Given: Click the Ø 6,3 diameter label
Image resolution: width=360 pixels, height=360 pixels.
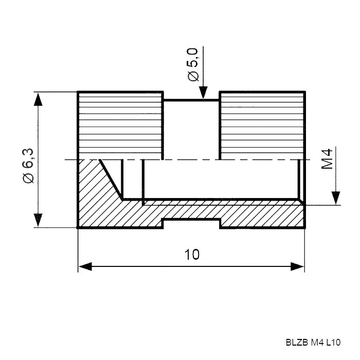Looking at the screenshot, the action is pos(28,166).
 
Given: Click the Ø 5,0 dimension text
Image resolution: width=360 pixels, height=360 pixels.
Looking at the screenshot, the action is pos(193,64).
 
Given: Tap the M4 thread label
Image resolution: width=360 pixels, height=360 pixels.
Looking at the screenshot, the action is pos(327,159).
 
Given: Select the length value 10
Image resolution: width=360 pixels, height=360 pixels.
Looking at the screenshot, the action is pos(192,255).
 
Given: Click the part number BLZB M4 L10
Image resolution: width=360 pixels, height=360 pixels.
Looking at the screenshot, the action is pos(313,343).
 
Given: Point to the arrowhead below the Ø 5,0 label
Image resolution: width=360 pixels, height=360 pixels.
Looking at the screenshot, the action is pos(203,93).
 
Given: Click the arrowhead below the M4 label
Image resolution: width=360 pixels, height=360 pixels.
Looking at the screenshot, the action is pos(336,198).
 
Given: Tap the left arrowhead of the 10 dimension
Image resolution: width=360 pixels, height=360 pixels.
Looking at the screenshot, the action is pos(85,266).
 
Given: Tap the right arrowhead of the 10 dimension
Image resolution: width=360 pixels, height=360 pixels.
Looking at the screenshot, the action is pos(298,266).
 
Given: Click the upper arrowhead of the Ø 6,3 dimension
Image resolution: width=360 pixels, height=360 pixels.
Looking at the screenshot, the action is pos(38,99).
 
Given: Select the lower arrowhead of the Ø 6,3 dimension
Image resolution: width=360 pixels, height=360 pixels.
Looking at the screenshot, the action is pos(38,220).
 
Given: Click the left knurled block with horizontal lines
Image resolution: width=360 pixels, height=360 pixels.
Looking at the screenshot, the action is pos(120,125).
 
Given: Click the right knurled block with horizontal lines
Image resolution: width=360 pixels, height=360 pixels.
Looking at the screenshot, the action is pos(262,125).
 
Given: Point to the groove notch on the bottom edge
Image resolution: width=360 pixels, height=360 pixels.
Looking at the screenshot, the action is pos(191,224).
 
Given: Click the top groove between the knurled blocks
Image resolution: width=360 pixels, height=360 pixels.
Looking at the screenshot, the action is pos(191,96).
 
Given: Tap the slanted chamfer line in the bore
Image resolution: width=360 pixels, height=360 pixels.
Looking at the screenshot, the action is pos(111,179).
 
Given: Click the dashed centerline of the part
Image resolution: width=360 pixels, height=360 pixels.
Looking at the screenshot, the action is pos(188,159).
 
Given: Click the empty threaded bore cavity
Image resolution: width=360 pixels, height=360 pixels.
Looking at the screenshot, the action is pos(221,179).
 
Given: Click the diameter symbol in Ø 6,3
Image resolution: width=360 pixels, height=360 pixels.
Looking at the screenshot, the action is pos(28,178).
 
